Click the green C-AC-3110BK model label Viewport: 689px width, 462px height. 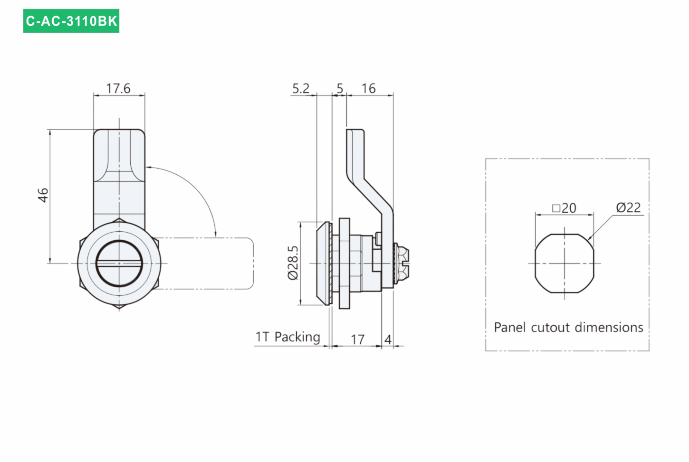tap(71, 21)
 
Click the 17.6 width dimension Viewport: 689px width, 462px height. tap(118, 88)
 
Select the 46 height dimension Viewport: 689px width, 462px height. tap(43, 195)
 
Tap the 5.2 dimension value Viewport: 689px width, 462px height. tap(300, 88)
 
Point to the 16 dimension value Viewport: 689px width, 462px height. tap(368, 88)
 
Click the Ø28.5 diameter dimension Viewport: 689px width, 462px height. tap(293, 263)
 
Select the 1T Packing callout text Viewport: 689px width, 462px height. tap(288, 337)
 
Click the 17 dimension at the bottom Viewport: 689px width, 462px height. tap(357, 339)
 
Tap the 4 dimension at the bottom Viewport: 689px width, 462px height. tap(388, 339)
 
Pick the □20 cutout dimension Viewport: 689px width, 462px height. tap(564, 208)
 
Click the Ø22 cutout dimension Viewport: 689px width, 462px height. tap(628, 207)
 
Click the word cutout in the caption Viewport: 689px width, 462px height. tap(550, 327)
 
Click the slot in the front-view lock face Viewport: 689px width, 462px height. tap(119, 264)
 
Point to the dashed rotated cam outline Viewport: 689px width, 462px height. tap(253, 264)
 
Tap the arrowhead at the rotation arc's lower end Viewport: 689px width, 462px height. tap(215, 234)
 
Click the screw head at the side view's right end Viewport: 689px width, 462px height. tap(402, 264)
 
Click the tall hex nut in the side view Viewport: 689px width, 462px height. tap(344, 264)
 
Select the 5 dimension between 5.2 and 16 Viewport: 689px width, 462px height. tap(340, 88)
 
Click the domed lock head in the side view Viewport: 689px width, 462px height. tap(323, 264)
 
